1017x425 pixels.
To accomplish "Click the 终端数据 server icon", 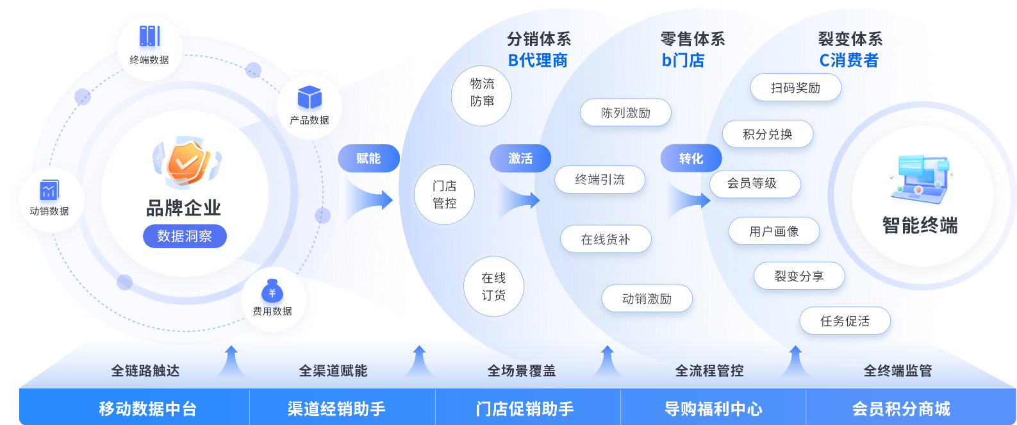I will click(149, 36).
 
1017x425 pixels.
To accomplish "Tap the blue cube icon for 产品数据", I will click(310, 97).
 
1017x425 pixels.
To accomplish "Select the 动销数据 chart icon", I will click(49, 190).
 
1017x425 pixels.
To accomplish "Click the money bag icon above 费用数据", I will click(272, 291).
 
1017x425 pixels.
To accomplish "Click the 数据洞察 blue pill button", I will click(185, 236).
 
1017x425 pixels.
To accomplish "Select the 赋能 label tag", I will click(368, 158).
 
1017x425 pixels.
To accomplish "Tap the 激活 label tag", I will click(520, 158).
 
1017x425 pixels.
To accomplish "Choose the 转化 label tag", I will click(691, 158).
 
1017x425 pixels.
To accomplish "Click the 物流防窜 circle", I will click(482, 93).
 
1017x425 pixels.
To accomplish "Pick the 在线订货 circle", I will click(493, 287).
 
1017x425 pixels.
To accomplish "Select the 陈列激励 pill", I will click(625, 113).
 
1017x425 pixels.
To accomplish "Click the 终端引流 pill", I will click(600, 179).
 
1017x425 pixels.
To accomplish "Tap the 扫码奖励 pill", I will click(795, 88).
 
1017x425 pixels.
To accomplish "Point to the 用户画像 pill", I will click(773, 231).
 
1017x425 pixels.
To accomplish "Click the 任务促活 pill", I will click(845, 321).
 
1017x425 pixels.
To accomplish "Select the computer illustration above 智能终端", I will click(920, 176).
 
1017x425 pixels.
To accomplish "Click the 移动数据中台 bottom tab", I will click(147, 408).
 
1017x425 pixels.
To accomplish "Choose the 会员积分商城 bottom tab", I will click(901, 408).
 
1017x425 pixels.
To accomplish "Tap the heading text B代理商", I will click(538, 60).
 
